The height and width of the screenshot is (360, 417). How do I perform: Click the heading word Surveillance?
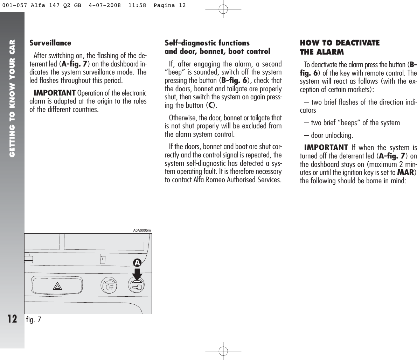coord(50,43)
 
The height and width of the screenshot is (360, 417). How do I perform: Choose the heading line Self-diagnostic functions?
coord(207,43)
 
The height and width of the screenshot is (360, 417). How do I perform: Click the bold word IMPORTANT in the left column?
coord(54,93)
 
